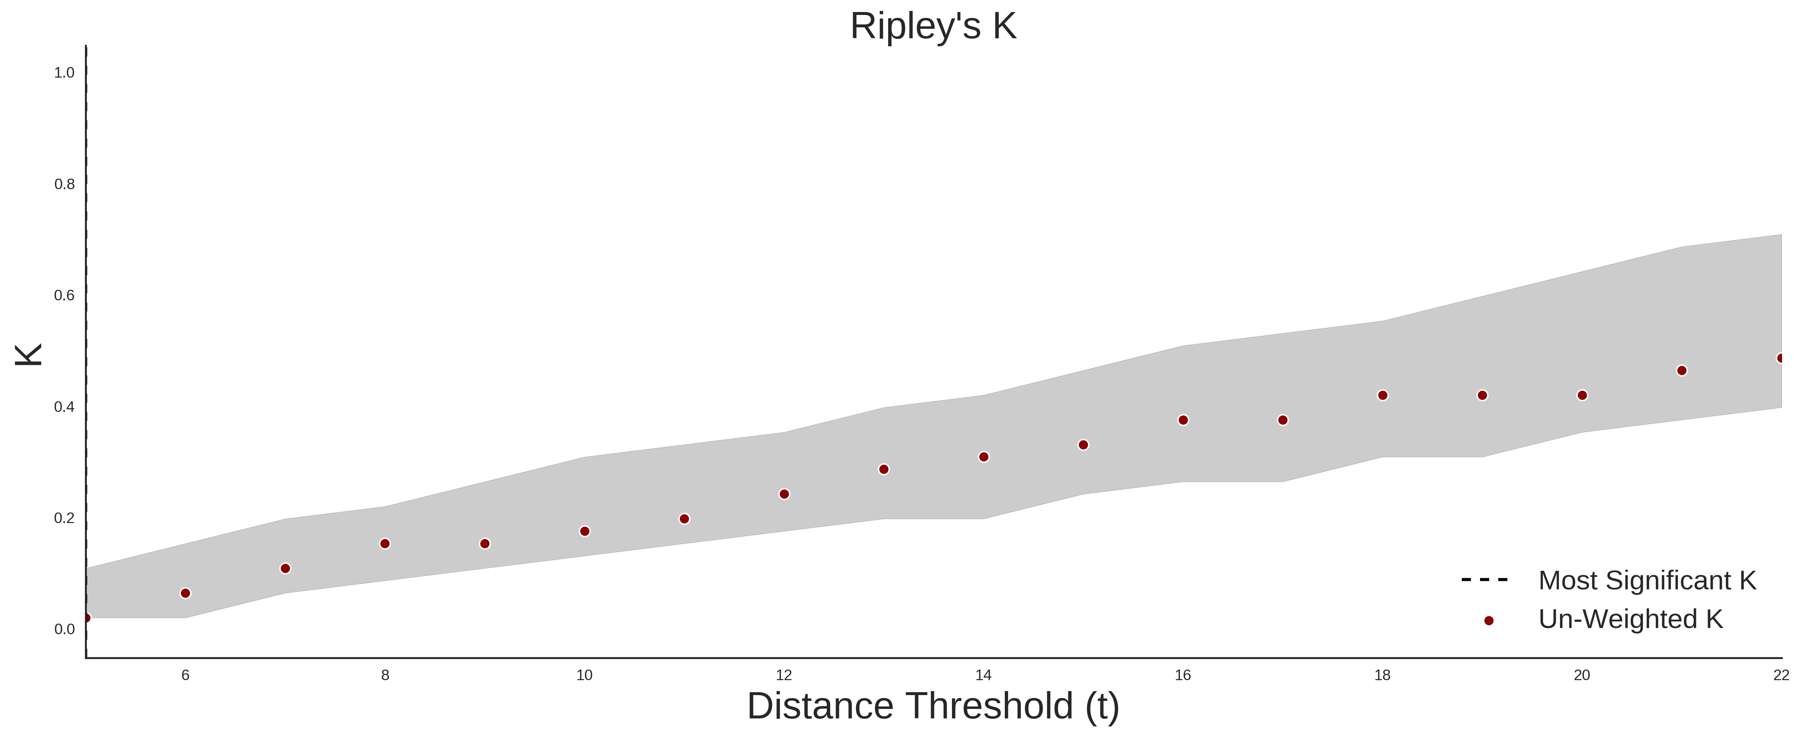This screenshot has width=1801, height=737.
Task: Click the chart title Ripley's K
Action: [x=933, y=27]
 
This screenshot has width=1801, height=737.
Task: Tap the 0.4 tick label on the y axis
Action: [x=64, y=406]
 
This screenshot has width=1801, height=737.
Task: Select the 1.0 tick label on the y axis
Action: [x=64, y=73]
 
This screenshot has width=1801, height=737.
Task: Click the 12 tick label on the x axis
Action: [x=784, y=675]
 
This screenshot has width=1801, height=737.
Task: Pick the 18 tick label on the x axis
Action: [x=1382, y=675]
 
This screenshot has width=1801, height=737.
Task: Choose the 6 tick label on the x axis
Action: [x=185, y=675]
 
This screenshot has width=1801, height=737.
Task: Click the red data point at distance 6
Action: [x=185, y=593]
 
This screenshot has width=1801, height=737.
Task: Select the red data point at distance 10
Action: [x=585, y=531]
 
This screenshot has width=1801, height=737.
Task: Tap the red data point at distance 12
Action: [x=784, y=494]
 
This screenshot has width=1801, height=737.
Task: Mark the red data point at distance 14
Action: [x=984, y=457]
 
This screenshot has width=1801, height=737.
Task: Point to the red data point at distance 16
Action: [x=1183, y=420]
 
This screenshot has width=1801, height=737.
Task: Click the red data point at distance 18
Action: [x=1382, y=395]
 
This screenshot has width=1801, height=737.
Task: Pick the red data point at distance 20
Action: [x=1582, y=395]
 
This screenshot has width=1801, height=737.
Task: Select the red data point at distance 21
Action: [x=1682, y=370]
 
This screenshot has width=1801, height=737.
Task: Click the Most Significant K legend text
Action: [x=1647, y=581]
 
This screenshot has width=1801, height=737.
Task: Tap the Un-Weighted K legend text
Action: [x=1630, y=619]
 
